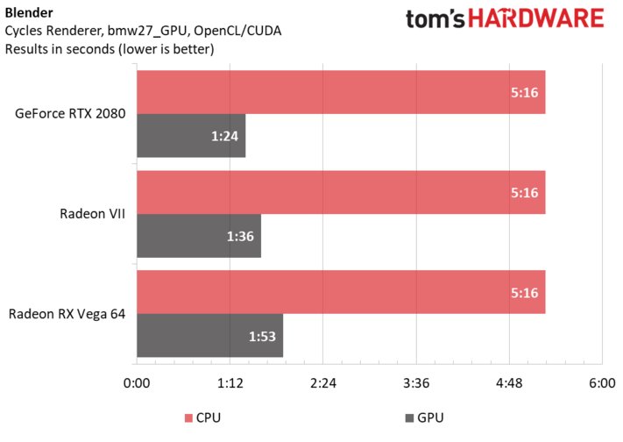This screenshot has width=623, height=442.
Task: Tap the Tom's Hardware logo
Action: coord(506,20)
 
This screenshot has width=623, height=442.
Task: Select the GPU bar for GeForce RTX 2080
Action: coord(191,136)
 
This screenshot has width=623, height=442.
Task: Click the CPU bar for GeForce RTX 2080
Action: coord(341,92)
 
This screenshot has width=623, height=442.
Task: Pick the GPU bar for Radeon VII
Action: coord(199,236)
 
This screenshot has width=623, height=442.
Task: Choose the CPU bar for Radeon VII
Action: coord(341,192)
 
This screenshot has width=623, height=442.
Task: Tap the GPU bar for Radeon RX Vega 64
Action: coord(209,336)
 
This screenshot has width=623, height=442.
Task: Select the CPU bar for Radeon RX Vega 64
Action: coord(341,292)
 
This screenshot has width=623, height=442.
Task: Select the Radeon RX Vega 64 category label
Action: coord(67,314)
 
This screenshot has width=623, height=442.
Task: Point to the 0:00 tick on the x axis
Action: coord(137,382)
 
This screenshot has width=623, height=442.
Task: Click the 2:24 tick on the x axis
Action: coord(323,382)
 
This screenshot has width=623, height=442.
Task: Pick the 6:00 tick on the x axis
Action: coord(602,382)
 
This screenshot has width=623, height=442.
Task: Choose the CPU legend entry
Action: coord(203,418)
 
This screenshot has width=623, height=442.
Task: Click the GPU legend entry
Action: coord(424,418)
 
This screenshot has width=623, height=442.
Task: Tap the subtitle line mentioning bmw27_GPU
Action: coord(149,31)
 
